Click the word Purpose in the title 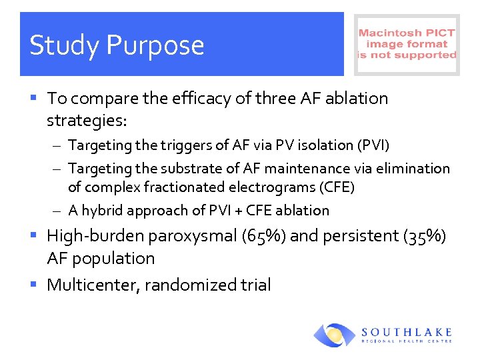pos(155,46)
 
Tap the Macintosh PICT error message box pos(407,44)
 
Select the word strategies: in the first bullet pos(87,121)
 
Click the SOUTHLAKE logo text pos(407,332)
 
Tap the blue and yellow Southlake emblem pos(335,335)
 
